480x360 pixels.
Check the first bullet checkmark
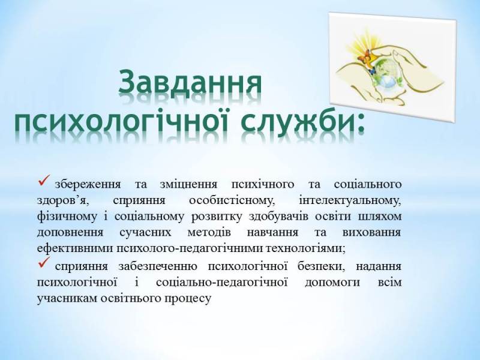pos(43,181)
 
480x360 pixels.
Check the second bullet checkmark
pos(43,263)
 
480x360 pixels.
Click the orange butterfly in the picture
pos(364,58)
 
